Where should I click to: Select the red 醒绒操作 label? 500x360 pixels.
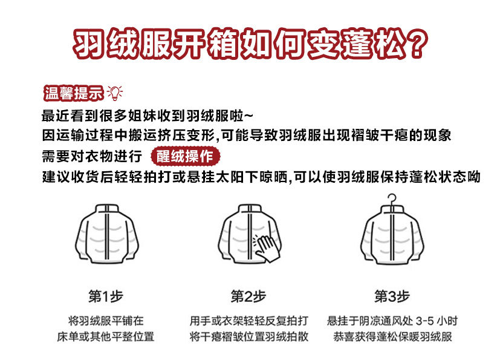pyautogui.click(x=185, y=156)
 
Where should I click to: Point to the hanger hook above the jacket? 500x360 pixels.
pyautogui.click(x=392, y=200)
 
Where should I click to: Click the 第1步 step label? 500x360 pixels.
pyautogui.click(x=106, y=296)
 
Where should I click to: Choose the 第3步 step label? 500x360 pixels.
pyautogui.click(x=392, y=296)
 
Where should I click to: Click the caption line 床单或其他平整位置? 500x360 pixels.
pyautogui.click(x=106, y=337)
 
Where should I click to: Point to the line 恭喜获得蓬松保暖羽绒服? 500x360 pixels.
pyautogui.click(x=392, y=337)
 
